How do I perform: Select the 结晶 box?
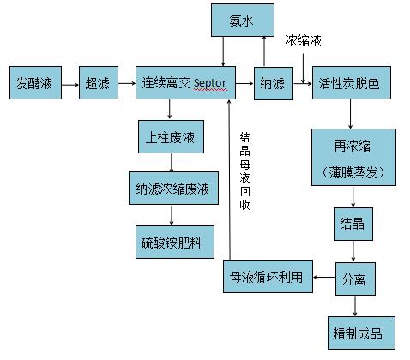pos(353,224)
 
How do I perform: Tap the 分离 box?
pos(353,279)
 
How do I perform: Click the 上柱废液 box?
pos(169,136)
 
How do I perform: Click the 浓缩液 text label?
pos(304,41)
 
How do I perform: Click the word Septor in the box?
pos(210,83)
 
